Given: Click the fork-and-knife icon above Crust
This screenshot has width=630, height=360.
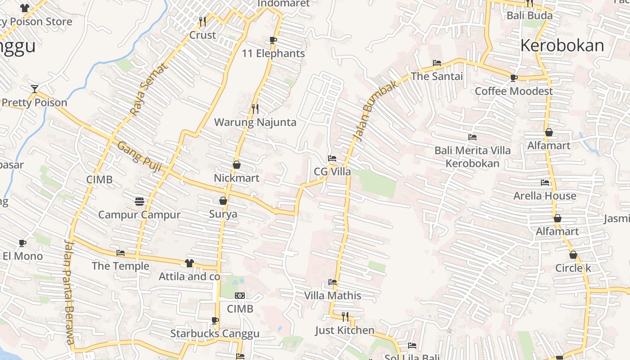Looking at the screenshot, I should point(202,21).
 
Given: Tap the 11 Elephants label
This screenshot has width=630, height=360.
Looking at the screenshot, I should point(273,54).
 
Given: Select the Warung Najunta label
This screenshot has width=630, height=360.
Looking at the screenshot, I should point(255,122).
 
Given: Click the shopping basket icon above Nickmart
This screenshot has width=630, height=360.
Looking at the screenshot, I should point(237,165).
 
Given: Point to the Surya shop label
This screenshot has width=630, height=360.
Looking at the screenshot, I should point(223,214).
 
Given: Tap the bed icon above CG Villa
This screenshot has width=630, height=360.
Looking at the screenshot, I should point(332,158).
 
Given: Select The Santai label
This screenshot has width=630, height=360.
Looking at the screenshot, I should point(436,76).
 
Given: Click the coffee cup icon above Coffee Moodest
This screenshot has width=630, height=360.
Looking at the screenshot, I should point(513,78).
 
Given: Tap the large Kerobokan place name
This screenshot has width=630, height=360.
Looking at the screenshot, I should point(562,46).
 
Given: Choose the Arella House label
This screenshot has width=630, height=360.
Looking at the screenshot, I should point(544,196).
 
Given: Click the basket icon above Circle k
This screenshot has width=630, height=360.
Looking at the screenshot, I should point(573,255).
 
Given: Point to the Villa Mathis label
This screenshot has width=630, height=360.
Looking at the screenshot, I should point(333,296).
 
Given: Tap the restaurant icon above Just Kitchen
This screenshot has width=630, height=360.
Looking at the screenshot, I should point(345,317).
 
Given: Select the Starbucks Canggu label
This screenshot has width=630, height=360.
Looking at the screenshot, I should point(215,334).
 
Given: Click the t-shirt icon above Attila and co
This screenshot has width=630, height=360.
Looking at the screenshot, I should point(189,263).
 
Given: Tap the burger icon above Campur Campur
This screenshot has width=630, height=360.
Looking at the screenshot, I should point(139,201).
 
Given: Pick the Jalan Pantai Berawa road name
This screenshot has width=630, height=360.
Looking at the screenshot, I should point(68,292).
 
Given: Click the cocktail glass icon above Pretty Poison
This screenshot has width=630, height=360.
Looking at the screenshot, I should point(35,89).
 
